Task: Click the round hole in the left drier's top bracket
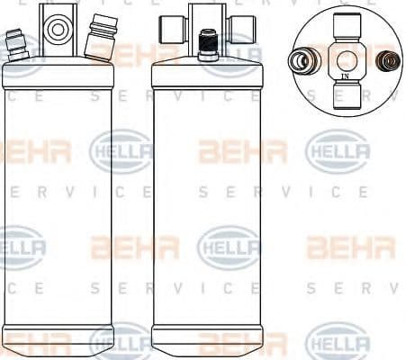coord(58,30)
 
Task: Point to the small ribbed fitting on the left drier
coord(17,45)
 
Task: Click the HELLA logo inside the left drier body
coord(120,151)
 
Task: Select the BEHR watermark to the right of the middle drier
coord(351,247)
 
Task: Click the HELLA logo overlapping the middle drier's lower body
coord(228,247)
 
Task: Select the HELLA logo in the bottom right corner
coord(338,342)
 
